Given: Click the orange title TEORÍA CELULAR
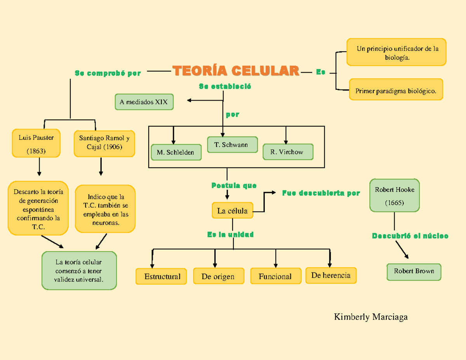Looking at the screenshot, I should [236, 71].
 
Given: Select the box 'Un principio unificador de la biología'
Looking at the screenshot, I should [396, 52].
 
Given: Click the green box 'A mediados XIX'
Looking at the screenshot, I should [144, 102].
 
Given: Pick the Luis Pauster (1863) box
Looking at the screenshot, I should [36, 143].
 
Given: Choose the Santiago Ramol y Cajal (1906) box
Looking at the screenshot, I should [104, 143].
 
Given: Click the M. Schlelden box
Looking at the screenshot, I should [176, 152].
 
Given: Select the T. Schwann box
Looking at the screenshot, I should [232, 145].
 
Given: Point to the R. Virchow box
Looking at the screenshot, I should [287, 152].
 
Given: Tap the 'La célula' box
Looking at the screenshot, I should [232, 211].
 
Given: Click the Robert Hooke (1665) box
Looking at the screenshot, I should [394, 195].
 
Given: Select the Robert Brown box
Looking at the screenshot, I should [414, 271].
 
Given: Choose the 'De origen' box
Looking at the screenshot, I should [218, 277].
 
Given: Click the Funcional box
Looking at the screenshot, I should [275, 277].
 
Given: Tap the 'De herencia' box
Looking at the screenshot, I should [330, 275].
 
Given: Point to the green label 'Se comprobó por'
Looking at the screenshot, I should [108, 73].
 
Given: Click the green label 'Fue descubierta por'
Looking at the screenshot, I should [321, 193].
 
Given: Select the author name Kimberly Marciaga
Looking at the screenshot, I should [370, 317].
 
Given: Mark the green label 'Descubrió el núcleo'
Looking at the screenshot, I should [410, 236].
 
